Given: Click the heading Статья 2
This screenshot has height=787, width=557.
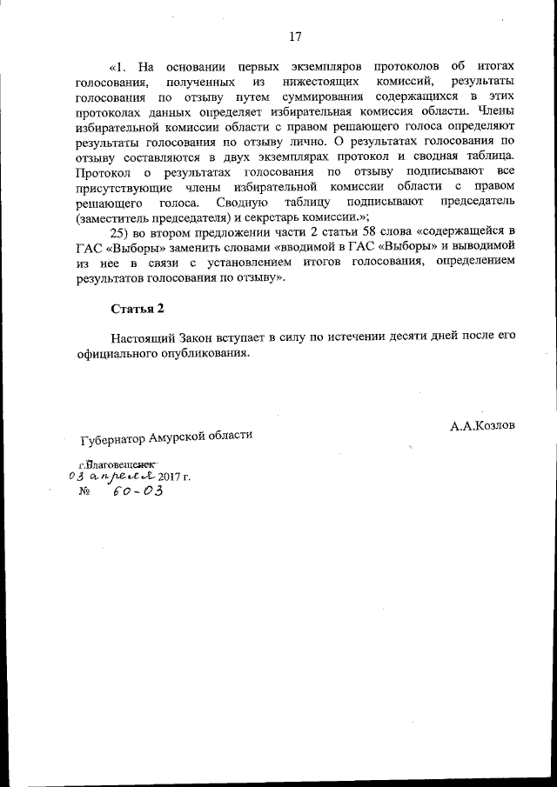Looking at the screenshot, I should [137, 309].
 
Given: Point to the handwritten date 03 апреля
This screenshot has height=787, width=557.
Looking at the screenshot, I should [111, 476].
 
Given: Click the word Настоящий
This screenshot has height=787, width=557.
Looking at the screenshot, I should [144, 337].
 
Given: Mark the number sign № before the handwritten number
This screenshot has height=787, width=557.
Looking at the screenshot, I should [85, 491].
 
